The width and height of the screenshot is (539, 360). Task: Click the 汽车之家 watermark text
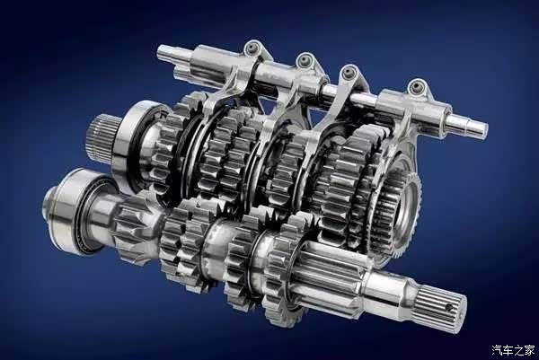pos(513,350)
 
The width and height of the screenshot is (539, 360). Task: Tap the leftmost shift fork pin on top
pos(253,47)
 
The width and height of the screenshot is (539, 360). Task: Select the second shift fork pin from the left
pos(305,60)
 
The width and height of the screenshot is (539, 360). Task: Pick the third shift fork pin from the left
pos(350,72)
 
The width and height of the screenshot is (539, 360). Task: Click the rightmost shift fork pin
pos(417,86)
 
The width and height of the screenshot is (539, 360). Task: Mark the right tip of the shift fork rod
pos(485,128)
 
